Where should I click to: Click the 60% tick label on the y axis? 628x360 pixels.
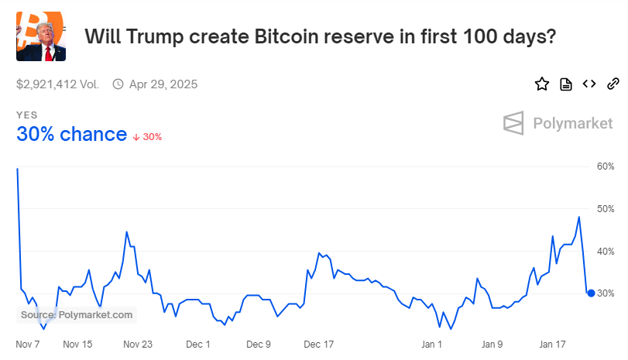(x=605, y=166)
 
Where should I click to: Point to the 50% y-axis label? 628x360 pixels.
(x=605, y=209)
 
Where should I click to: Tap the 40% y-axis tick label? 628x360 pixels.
(x=605, y=252)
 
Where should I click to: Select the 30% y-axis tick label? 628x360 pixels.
(x=605, y=293)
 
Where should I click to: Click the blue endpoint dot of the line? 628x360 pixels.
(x=591, y=293)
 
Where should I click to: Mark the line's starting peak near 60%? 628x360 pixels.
(x=17, y=169)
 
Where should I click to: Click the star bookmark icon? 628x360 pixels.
(x=542, y=84)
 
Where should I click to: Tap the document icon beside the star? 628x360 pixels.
(x=566, y=84)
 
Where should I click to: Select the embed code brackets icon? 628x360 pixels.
(x=589, y=84)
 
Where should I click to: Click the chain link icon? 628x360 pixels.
(x=613, y=84)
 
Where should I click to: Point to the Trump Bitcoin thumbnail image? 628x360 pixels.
(x=41, y=36)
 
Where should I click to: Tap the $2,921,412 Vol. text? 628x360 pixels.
(x=57, y=84)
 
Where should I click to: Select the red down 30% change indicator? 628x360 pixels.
(x=147, y=137)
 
